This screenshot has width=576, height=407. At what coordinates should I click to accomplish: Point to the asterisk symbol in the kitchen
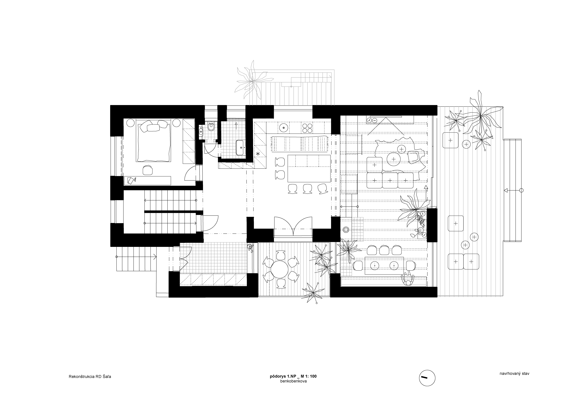coord(258,154)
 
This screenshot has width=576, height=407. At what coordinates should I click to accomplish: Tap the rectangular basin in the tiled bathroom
coord(241,148)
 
